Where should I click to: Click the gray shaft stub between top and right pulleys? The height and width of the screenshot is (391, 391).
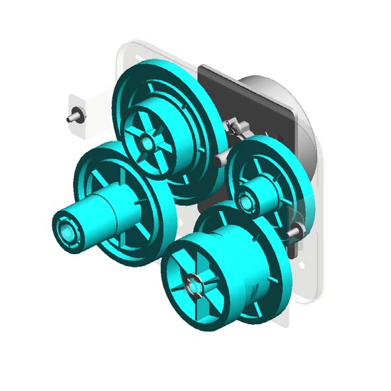click(x=222, y=161)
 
